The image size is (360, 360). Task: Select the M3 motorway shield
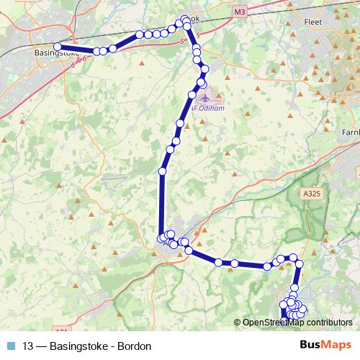pos(240,12)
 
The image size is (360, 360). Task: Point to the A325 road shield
pos(312,194)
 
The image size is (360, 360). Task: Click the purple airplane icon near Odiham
pos(207,96)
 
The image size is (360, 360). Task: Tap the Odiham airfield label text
pos(209,109)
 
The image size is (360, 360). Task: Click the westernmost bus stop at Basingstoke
pos(58,47)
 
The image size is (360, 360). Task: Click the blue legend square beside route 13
pos(11,346)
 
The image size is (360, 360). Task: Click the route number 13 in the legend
pos(28,346)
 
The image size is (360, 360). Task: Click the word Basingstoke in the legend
pos(78,346)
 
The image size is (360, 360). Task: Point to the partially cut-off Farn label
pos(350,132)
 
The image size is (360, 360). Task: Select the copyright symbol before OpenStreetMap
pos(238,323)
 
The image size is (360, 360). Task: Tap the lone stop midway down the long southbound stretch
pos(163,171)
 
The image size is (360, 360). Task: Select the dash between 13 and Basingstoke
pos(42,346)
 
